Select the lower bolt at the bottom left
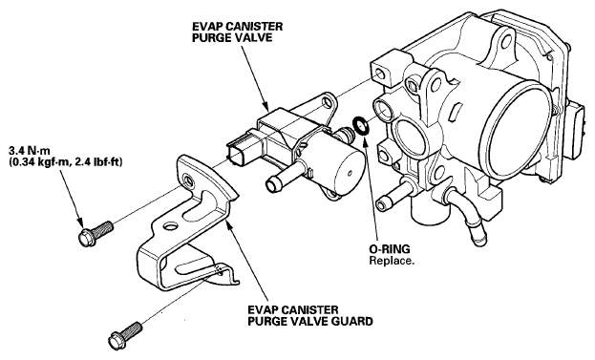(126, 334)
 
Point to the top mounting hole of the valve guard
(186, 179)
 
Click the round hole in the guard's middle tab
(171, 227)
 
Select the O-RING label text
(390, 249)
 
